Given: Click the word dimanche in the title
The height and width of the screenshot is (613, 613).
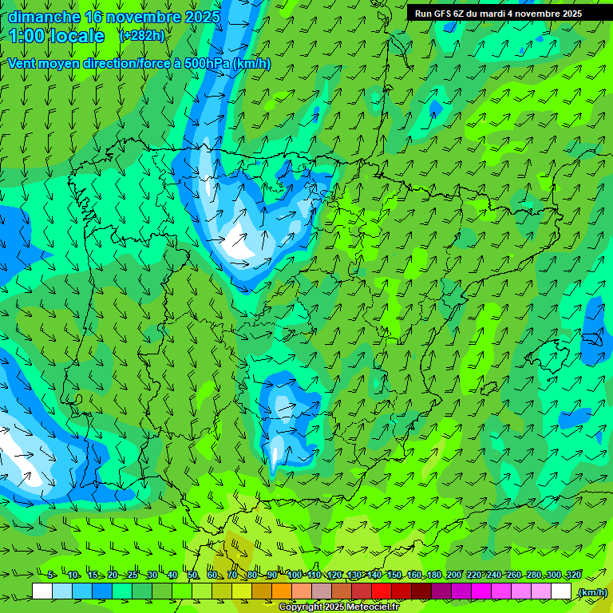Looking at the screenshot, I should pos(44,17).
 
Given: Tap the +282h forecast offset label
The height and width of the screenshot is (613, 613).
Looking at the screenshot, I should pos(142,35).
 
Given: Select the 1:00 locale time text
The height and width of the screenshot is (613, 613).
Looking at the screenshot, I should pos(57,36).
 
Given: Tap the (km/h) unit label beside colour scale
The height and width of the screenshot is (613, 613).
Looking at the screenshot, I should pos(592,591).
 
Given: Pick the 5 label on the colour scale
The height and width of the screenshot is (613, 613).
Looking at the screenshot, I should pos(50,575).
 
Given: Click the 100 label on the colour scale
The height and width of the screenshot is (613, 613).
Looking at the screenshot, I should pos(295,575).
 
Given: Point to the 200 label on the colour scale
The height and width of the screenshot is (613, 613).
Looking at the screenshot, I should pos(454,575).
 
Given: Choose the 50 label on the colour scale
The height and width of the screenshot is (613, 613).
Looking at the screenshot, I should pos(193,575).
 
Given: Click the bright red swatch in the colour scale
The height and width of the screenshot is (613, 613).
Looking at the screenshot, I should pos(382,591).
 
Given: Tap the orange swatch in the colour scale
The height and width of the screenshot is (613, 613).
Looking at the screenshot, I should pos(282,591).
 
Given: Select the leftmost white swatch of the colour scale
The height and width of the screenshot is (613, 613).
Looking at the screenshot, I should pos(42,591).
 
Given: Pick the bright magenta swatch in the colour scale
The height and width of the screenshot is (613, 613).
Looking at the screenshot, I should pos(481,591).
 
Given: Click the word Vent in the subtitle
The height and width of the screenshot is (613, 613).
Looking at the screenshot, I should pos(22,64).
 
